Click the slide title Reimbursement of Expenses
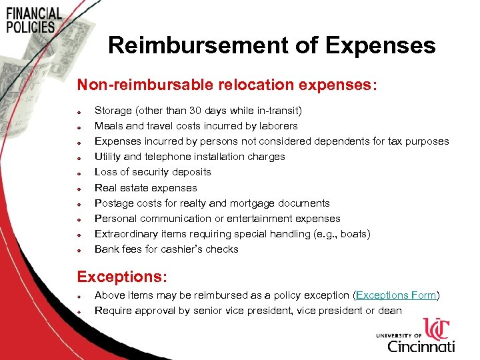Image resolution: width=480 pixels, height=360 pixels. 271,45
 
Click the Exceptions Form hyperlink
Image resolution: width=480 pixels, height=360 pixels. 396,295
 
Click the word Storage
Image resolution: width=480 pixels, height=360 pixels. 113,110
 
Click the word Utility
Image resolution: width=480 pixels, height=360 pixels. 107,156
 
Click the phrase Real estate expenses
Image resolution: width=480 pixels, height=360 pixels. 146,187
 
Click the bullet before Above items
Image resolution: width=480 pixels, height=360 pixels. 78,296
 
